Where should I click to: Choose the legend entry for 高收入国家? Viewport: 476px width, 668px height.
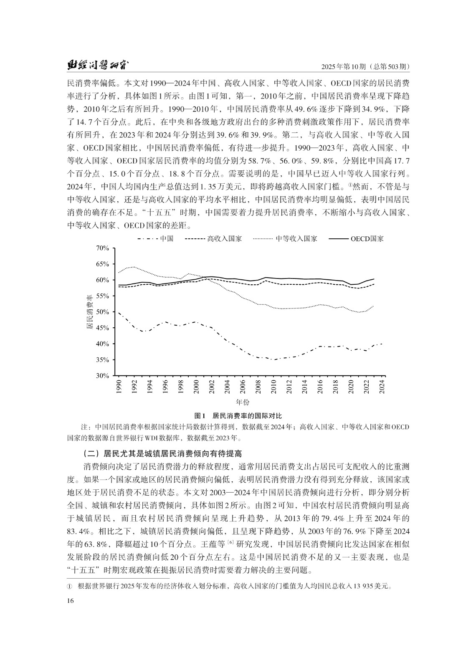(213, 239)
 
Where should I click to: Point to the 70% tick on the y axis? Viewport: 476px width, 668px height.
(102, 248)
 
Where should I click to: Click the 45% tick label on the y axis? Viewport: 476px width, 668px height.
(102, 328)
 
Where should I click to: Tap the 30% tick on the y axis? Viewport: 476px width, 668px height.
(102, 376)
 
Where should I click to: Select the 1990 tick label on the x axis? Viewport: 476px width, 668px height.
(119, 387)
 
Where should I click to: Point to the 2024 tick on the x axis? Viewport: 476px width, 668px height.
(382, 387)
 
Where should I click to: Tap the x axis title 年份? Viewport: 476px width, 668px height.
(243, 402)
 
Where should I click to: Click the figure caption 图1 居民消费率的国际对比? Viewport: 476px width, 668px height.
(238, 416)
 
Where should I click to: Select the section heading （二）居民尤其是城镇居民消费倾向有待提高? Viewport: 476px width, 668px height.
(162, 453)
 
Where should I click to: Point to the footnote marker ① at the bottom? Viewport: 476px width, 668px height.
(70, 586)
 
